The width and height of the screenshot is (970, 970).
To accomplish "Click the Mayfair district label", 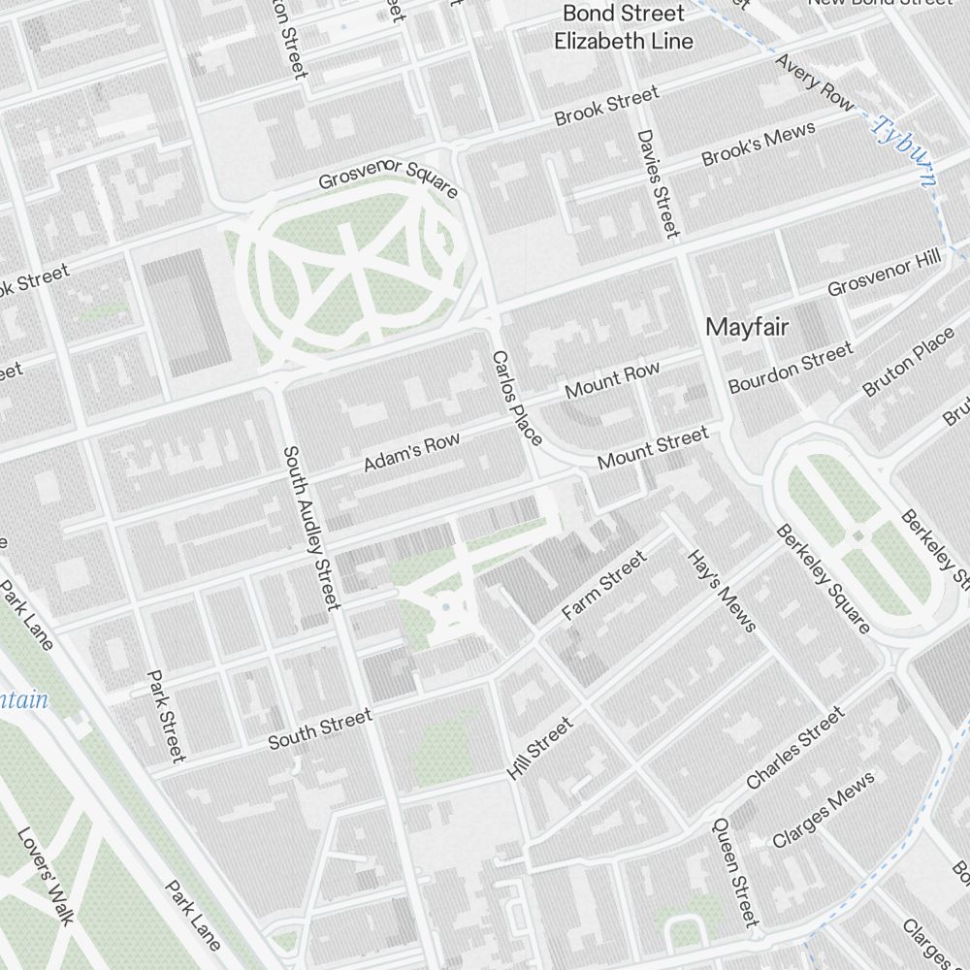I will (747, 327).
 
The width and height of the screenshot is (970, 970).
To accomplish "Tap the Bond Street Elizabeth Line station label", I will (624, 27).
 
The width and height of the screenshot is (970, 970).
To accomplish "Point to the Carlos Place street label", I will (517, 399).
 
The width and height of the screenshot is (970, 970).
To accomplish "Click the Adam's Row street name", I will (412, 453).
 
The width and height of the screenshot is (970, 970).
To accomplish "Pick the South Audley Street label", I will (312, 528).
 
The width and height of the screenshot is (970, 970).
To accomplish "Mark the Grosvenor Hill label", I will (884, 275).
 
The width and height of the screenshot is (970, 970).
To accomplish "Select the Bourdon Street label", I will (791, 367).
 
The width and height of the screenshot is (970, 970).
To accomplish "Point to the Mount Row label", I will (612, 380).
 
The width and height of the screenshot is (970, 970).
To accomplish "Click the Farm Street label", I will (603, 586).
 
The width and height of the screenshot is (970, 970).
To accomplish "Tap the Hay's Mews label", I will (721, 591).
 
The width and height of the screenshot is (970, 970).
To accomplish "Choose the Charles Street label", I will (795, 748).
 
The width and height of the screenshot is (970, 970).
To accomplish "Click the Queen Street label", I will (734, 870).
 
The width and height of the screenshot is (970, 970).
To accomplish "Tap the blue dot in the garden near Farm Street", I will (445, 607).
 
